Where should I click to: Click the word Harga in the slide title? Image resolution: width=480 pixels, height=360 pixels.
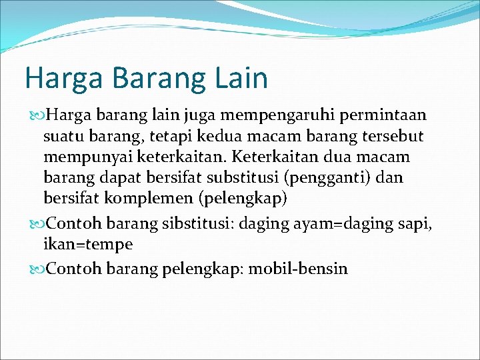[63, 79]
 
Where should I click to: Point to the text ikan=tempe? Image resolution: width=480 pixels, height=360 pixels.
[87, 245]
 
